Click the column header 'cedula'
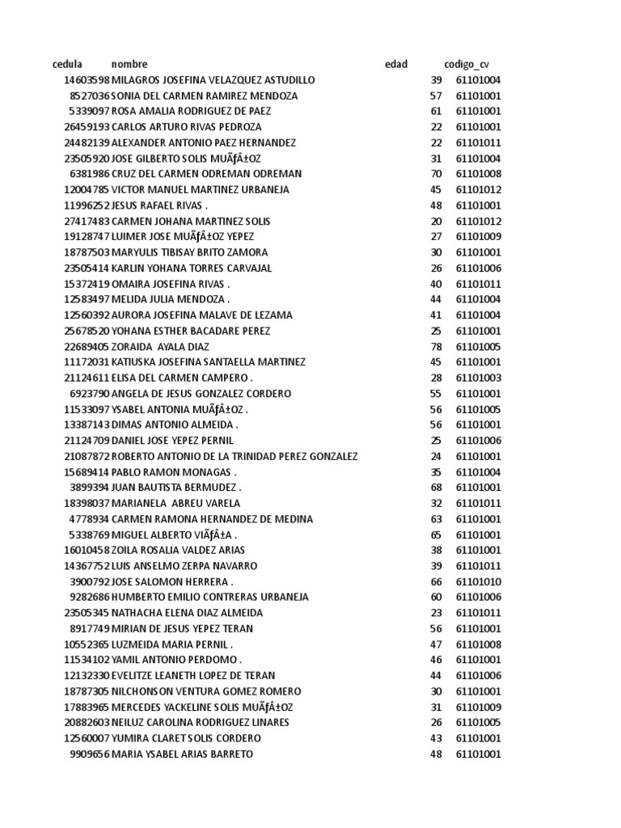click(67, 64)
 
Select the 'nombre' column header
click(129, 64)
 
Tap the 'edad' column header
click(396, 64)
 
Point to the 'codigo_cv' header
click(467, 64)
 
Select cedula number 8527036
click(90, 95)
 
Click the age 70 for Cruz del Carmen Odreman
click(437, 174)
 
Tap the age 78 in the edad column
click(437, 346)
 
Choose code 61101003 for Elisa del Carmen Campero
click(479, 378)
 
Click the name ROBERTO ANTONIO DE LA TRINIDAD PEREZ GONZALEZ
click(234, 456)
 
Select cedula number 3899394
click(90, 488)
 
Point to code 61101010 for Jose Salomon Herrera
click(479, 581)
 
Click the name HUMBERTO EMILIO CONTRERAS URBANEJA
click(210, 597)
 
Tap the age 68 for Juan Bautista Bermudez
click(437, 488)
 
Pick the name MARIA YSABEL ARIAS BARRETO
click(182, 754)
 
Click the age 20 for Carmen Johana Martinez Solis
click(437, 221)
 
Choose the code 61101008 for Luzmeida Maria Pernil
click(479, 644)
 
